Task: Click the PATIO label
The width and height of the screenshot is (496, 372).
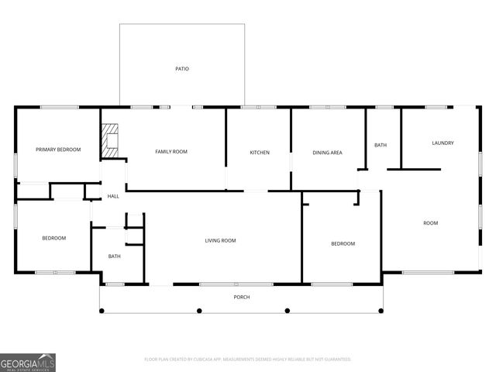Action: [182, 69]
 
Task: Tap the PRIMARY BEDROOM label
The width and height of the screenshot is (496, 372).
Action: [58, 150]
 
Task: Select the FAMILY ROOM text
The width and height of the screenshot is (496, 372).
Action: [171, 151]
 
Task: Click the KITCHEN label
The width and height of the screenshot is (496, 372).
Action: [260, 153]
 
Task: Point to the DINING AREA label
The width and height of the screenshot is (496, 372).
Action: [327, 153]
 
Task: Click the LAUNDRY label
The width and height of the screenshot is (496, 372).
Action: [443, 143]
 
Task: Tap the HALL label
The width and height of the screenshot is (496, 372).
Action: [113, 196]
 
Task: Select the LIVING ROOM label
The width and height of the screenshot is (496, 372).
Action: [220, 241]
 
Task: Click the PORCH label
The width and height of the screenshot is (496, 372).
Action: [242, 297]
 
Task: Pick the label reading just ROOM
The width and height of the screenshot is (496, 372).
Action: [430, 223]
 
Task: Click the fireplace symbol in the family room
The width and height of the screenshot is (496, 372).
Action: [111, 141]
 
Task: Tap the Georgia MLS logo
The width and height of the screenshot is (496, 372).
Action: [28, 362]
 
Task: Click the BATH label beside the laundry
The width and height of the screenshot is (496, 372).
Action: [381, 145]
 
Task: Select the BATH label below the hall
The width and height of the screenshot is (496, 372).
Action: [114, 257]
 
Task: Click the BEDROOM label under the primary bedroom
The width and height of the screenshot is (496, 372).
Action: [53, 238]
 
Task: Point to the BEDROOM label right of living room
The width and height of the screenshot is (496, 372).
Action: [343, 244]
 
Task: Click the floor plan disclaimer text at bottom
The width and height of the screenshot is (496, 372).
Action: [248, 360]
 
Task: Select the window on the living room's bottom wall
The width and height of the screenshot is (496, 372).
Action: [225, 284]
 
